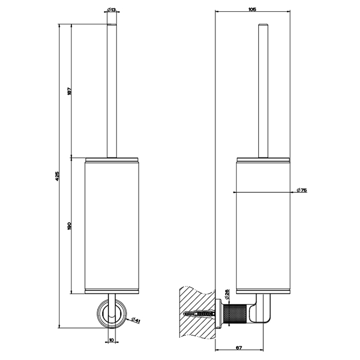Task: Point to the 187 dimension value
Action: tap(69, 91)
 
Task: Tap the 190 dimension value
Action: tap(69, 225)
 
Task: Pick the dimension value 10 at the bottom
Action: tap(111, 339)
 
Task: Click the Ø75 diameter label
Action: tap(302, 191)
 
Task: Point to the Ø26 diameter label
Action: tap(226, 294)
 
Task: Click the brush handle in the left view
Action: tap(111, 87)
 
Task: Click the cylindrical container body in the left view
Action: tap(111, 226)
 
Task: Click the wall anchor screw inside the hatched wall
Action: tap(198, 312)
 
